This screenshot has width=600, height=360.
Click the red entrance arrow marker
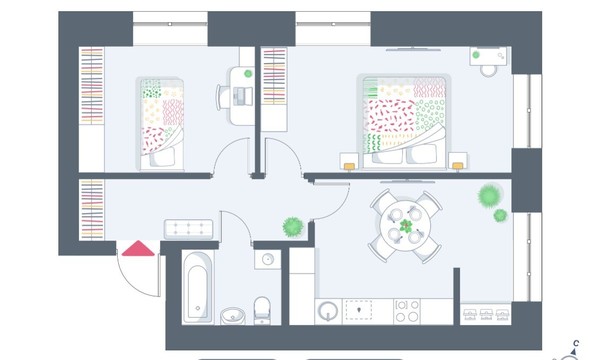138,249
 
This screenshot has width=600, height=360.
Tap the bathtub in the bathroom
198,288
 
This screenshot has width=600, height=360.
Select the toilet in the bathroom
262,310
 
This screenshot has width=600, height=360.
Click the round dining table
406,226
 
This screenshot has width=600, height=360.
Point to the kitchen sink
328,311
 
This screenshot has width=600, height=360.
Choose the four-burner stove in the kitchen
407,311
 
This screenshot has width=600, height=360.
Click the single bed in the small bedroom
160,123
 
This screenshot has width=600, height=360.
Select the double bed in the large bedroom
404,121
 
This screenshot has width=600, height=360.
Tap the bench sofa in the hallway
189,229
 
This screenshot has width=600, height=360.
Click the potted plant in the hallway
293,227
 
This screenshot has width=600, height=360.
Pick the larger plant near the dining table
490,195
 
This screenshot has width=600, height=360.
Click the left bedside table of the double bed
349,161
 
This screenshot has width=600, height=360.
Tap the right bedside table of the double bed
458,161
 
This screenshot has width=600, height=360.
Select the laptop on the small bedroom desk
243,96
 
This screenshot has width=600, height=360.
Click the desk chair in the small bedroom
222,97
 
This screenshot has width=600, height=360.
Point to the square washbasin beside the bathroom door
268,259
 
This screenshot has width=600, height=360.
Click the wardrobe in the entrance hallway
91,210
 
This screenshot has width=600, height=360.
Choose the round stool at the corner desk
489,71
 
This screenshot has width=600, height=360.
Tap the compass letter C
576,343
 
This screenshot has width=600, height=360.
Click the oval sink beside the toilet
233,316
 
